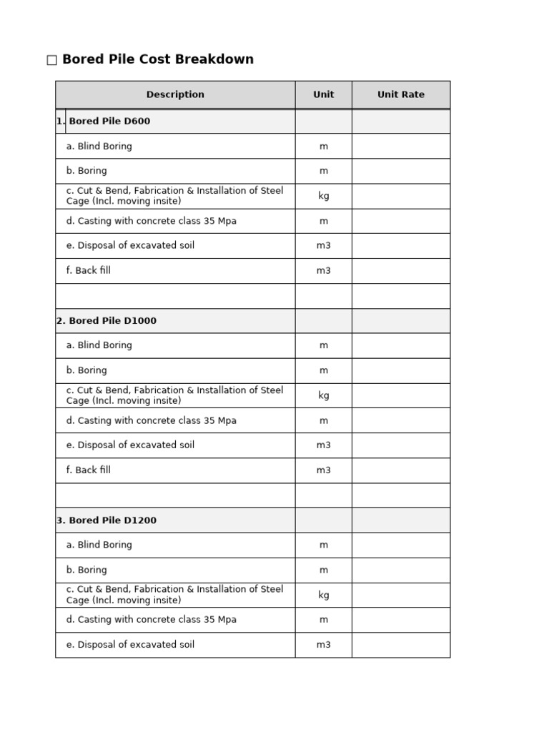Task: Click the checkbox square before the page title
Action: tap(51, 61)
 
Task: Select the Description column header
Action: tap(175, 94)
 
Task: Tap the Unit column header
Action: tap(323, 94)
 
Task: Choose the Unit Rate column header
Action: tap(400, 94)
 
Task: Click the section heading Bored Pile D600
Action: tap(109, 122)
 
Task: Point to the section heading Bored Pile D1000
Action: tap(112, 321)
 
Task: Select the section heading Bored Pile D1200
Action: tap(112, 520)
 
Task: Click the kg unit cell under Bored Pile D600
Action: tap(324, 196)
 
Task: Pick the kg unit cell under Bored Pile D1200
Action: tap(324, 595)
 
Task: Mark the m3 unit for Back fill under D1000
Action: tap(324, 470)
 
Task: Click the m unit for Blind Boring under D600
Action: tap(324, 147)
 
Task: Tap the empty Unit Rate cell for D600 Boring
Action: tap(400, 171)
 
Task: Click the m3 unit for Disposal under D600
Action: tap(324, 246)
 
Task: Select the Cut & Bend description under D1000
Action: tap(174, 395)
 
